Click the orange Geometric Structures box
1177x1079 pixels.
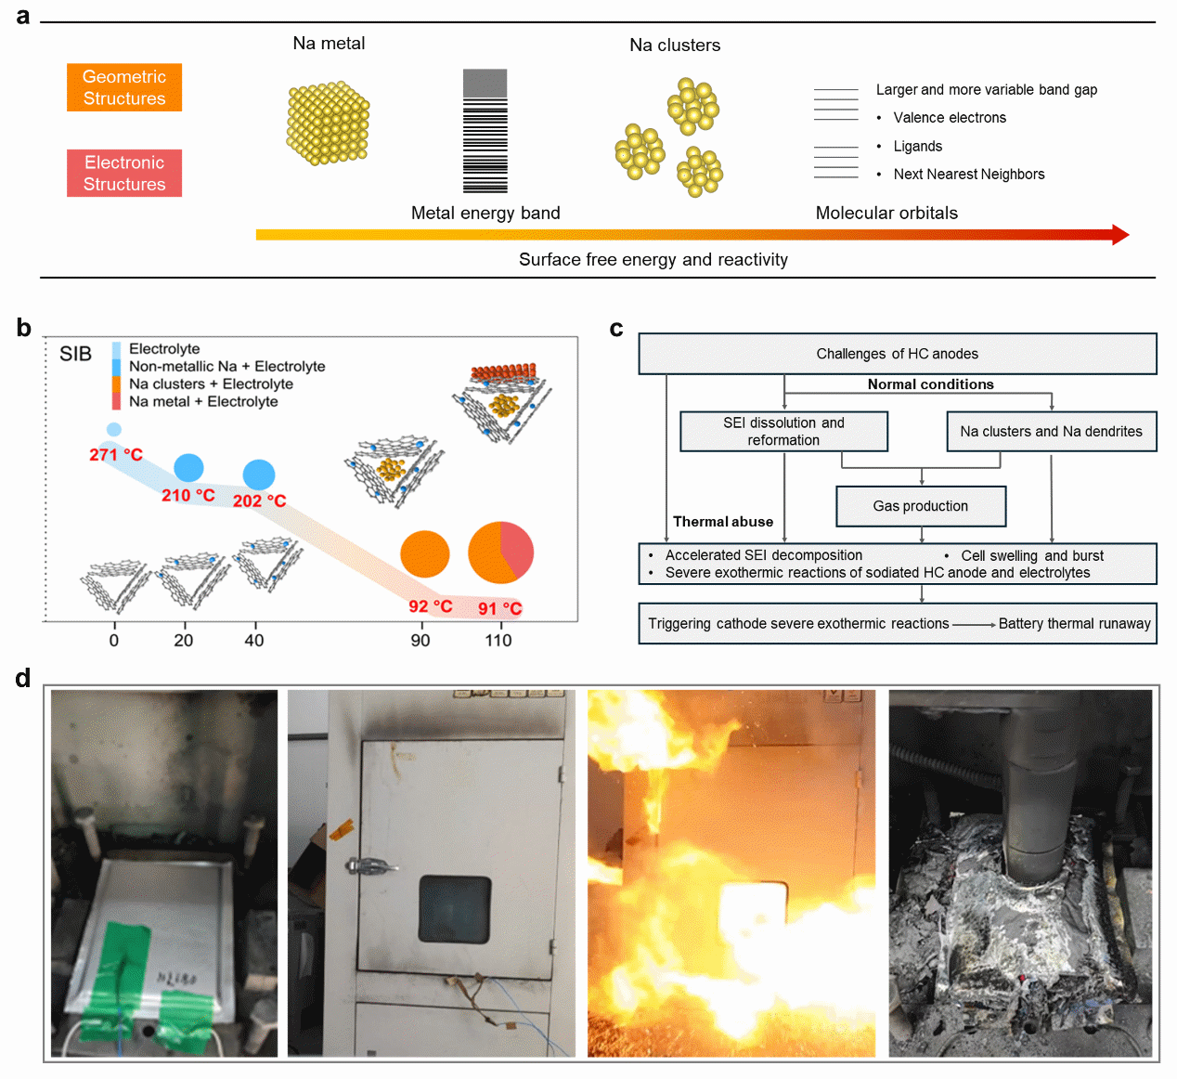click(124, 87)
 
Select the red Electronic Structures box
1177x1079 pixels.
click(124, 173)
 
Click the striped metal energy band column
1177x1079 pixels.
click(485, 131)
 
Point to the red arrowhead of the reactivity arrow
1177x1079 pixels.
click(1119, 235)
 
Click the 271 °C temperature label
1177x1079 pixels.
click(116, 455)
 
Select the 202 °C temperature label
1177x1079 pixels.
click(259, 501)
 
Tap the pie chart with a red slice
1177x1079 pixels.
click(501, 552)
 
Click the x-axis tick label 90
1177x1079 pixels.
click(420, 641)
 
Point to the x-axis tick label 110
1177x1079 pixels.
click(498, 641)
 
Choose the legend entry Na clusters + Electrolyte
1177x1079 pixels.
click(211, 384)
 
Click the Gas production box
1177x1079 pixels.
click(921, 506)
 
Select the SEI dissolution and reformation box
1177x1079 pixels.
click(783, 432)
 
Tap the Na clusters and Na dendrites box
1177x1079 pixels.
click(1051, 432)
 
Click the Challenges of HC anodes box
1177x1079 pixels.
click(897, 354)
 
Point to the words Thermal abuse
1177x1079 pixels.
click(723, 522)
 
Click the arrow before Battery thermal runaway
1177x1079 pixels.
click(974, 624)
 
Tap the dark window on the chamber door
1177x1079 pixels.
click(454, 909)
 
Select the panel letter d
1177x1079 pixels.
click(23, 679)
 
